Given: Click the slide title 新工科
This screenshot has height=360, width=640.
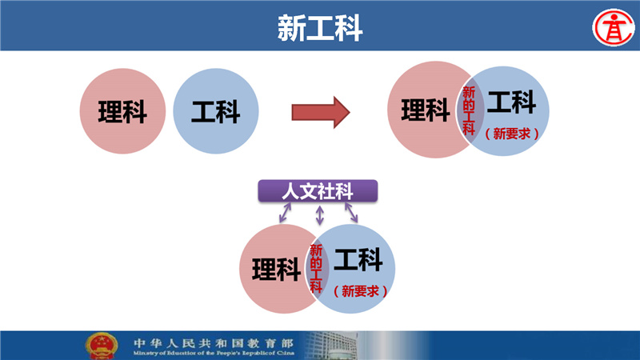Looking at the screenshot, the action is tap(320, 28).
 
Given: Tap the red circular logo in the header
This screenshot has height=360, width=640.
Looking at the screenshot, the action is tap(614, 28).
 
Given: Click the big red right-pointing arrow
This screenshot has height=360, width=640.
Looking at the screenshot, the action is tap(321, 112).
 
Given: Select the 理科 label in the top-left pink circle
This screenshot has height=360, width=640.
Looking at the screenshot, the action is tap(122, 111).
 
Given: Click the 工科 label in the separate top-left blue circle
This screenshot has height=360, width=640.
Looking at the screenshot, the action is tap(215, 111).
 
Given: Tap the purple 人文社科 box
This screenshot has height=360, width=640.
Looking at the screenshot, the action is tap(318, 191).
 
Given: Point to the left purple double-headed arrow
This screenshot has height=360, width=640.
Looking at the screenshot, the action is tap(285, 213).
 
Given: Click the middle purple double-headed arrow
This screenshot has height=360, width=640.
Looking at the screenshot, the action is tap(320, 215).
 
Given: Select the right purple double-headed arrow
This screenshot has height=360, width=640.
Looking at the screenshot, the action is tap(351, 213).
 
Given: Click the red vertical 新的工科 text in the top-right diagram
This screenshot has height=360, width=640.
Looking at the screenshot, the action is tap(469, 110).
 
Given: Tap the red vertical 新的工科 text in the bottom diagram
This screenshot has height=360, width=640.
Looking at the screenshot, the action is tap(316, 268).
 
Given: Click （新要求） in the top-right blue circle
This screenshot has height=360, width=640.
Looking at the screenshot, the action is tap(511, 134).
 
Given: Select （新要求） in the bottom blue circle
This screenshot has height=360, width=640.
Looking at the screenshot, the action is tap(360, 291).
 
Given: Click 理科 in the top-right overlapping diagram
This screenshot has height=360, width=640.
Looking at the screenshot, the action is tap(426, 110).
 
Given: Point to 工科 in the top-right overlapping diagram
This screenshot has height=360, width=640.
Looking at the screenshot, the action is tap(511, 102).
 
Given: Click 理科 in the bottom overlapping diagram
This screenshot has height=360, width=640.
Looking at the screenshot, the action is tap(276, 270).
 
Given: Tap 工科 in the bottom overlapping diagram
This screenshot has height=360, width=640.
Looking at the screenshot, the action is tap(358, 259).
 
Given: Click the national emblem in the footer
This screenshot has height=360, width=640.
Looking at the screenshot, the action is tap(102, 346).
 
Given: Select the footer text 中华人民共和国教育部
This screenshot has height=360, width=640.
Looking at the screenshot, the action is tap(214, 343).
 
